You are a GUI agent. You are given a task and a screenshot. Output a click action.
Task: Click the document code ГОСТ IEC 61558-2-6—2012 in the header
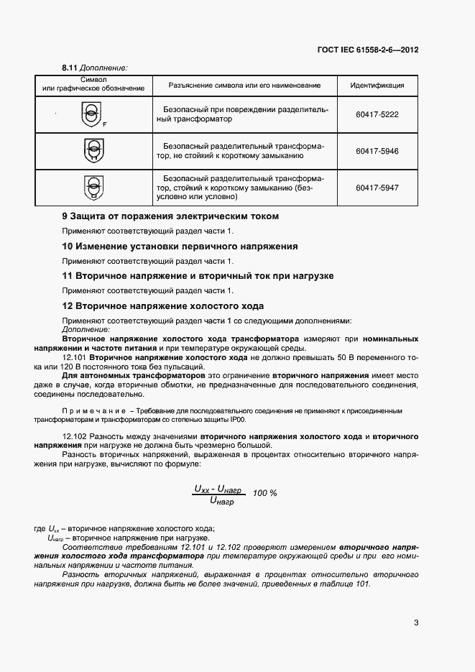pyautogui.click(x=368, y=50)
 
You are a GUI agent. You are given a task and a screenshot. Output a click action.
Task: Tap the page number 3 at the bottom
pyautogui.click(x=416, y=622)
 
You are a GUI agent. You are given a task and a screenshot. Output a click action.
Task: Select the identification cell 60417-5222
pyautogui.click(x=377, y=114)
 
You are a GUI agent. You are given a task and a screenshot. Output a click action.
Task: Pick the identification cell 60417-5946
pyautogui.click(x=377, y=151)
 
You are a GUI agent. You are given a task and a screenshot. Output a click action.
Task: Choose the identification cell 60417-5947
pyautogui.click(x=377, y=188)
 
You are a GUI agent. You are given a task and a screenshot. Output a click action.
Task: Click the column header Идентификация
pyautogui.click(x=377, y=86)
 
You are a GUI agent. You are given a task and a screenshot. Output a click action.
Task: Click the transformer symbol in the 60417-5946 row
pyautogui.click(x=93, y=151)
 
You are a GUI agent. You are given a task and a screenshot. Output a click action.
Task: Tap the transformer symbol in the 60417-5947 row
pyautogui.click(x=93, y=187)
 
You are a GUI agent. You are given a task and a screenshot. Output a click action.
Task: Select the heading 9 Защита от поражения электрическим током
pyautogui.click(x=170, y=216)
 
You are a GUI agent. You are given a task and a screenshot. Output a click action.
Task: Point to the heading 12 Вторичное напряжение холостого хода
pyautogui.click(x=162, y=306)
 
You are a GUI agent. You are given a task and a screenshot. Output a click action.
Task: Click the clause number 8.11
pyautogui.click(x=70, y=68)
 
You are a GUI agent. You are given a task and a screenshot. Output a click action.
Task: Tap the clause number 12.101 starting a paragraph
pyautogui.click(x=75, y=357)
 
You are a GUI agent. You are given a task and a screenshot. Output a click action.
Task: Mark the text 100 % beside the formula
pyautogui.click(x=265, y=493)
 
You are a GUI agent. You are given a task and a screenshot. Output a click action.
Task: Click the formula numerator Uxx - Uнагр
pyautogui.click(x=218, y=488)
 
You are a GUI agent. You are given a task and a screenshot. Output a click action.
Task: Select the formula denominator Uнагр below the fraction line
pyautogui.click(x=219, y=501)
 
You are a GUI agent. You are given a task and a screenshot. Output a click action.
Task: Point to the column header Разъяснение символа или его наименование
pyautogui.click(x=244, y=86)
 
